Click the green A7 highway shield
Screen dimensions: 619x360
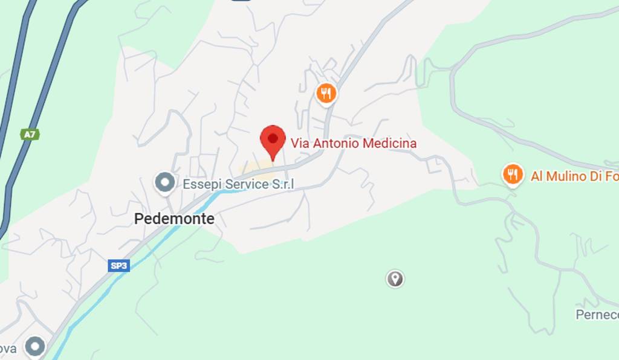(x=30, y=134)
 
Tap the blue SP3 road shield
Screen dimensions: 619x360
(x=120, y=265)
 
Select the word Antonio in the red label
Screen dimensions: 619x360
(x=335, y=144)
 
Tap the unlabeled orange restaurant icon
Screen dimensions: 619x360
(x=326, y=93)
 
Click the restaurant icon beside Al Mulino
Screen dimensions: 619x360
(x=513, y=175)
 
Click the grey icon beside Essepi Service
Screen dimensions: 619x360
(x=164, y=182)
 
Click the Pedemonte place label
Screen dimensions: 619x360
(x=174, y=219)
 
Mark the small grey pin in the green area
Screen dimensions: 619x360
(x=395, y=278)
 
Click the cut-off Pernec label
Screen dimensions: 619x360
(x=597, y=315)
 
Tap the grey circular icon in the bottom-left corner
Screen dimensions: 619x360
(x=35, y=347)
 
